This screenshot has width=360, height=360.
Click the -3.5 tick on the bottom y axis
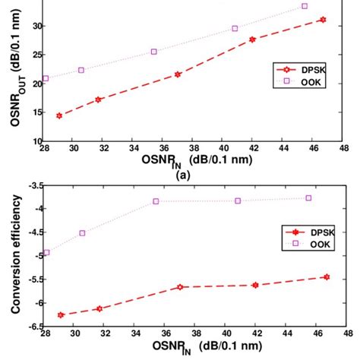33,185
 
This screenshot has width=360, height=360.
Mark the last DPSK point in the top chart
323,20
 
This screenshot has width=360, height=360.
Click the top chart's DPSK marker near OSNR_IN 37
178,74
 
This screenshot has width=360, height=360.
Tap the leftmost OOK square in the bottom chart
46,252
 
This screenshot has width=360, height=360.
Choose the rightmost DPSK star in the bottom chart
327,277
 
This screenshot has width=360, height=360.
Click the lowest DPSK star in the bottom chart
60,314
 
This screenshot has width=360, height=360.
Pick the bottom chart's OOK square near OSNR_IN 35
156,201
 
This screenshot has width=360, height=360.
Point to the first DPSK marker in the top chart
59,115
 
